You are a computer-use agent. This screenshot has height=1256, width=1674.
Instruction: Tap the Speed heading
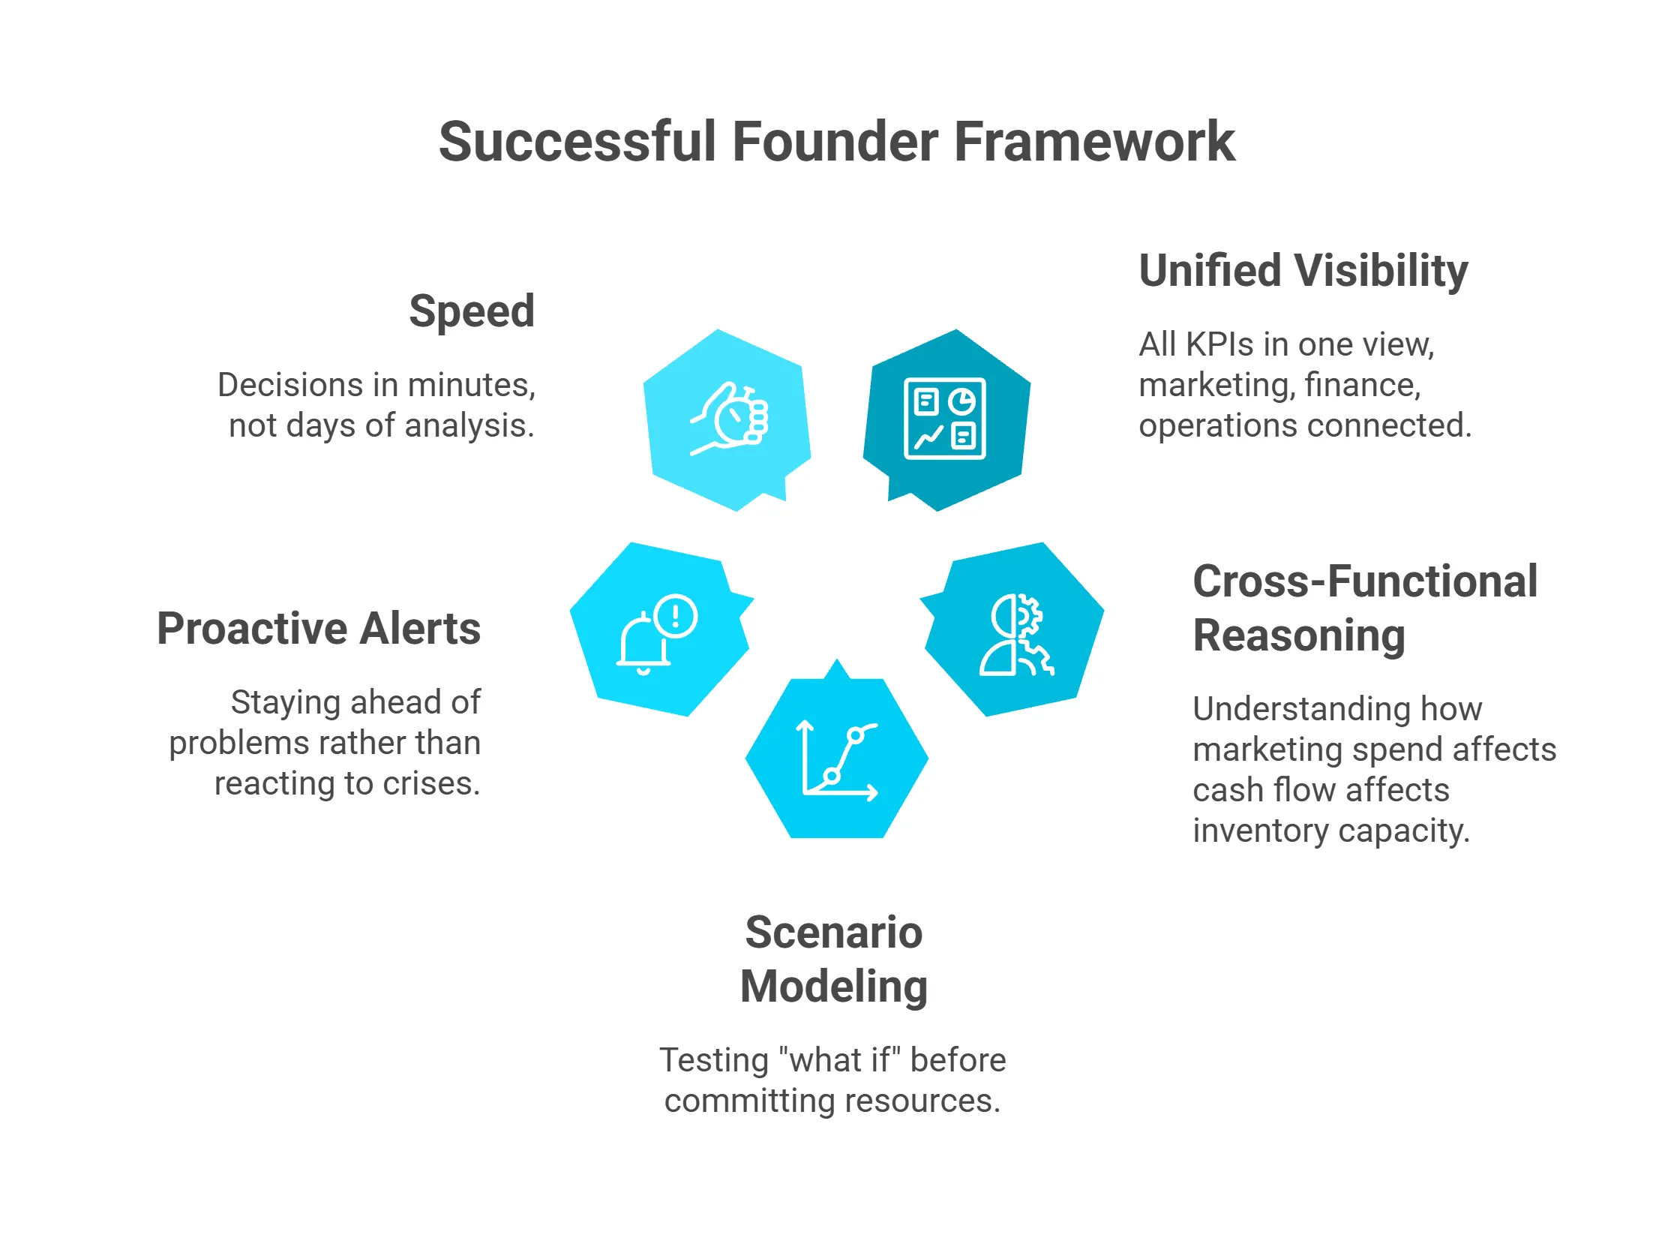coord(472,311)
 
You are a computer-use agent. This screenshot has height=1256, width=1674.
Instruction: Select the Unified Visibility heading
coord(1303,271)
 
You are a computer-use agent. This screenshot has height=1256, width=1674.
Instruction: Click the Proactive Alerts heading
coord(319,629)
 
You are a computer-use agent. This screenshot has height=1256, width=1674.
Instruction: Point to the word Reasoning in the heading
coord(1299,636)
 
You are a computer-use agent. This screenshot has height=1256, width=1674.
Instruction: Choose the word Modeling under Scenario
coord(833,987)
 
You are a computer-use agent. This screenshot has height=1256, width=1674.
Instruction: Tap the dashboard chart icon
coord(944,419)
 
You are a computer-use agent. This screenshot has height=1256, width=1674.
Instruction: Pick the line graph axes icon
coord(837,759)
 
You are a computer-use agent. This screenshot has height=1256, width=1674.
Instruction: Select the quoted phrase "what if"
coord(839,1060)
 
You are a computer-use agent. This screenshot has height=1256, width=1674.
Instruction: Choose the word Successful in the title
coord(577,142)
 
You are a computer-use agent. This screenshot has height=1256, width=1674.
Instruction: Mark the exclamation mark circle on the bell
coord(675,615)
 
